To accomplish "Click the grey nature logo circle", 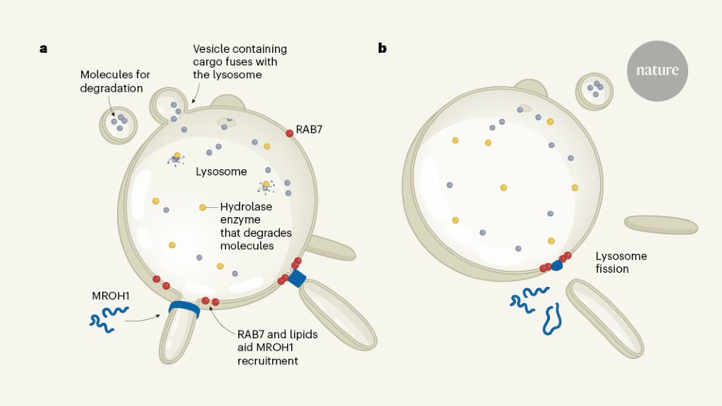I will (657, 70).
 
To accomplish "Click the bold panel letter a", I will (44, 49).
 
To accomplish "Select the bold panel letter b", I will (382, 49).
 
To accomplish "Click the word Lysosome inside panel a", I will (221, 171).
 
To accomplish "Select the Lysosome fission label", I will (621, 262).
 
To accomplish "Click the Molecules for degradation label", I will (114, 81).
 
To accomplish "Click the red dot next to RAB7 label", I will (289, 133).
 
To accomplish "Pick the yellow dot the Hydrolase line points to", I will (202, 207).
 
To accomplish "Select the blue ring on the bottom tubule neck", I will (185, 309).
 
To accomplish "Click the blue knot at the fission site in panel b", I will (557, 266).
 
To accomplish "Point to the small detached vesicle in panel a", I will (118, 125).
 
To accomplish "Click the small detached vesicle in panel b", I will (594, 91).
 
